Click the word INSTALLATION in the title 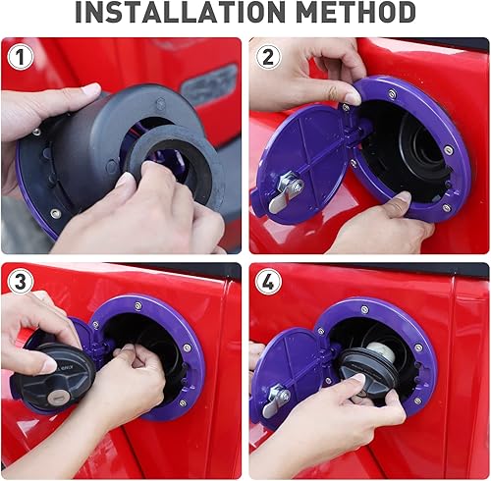(x=179, y=13)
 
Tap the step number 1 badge (x=21, y=57)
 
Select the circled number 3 (x=21, y=282)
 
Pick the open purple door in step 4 (x=290, y=378)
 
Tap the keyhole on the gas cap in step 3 (x=59, y=396)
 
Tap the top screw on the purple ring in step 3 (x=138, y=306)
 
